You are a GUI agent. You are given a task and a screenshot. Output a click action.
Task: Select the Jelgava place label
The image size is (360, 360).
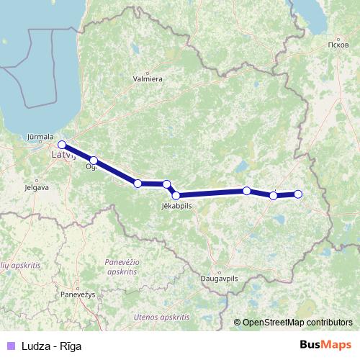(36, 186)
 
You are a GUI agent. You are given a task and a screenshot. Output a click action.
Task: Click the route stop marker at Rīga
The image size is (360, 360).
(62, 144)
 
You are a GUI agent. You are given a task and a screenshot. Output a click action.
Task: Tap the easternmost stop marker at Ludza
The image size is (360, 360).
(298, 194)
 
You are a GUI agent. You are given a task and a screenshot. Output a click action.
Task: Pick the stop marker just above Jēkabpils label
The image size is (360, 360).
(176, 195)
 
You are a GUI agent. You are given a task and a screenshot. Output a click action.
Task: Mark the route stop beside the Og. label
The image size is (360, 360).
(94, 161)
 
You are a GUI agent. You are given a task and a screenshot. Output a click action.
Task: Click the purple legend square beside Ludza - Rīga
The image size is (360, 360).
(10, 346)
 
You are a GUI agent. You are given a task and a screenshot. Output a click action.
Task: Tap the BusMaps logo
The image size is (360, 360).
(326, 346)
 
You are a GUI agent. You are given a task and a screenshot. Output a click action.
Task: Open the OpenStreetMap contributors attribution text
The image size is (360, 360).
(297, 323)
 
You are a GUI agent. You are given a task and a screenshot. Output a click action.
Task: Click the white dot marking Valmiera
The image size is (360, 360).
(147, 73)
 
